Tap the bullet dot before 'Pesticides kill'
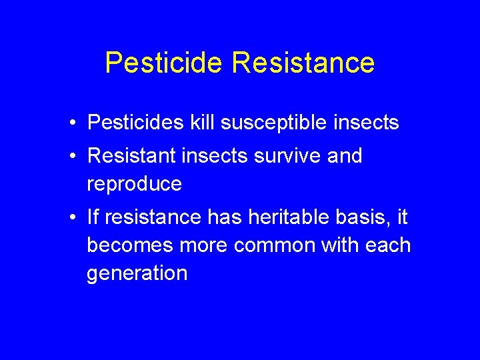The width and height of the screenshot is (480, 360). pos(77,123)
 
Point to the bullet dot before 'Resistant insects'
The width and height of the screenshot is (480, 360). pos(77,157)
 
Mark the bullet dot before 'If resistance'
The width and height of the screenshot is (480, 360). pos(77,217)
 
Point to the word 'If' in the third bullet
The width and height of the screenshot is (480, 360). pos(93,217)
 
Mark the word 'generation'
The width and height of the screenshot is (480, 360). pos(137,273)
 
